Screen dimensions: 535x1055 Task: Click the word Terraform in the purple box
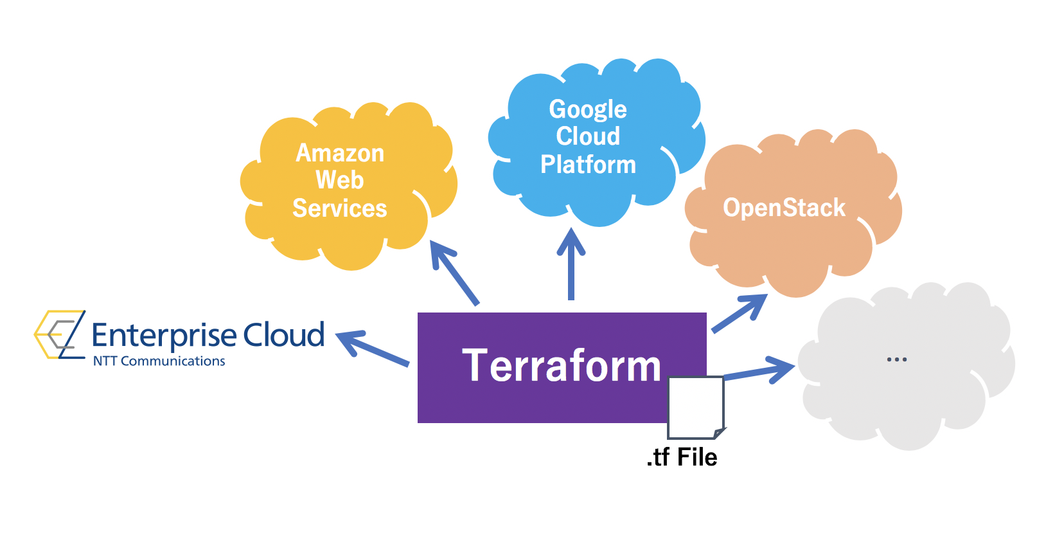click(561, 366)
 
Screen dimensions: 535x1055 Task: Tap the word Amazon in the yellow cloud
click(340, 153)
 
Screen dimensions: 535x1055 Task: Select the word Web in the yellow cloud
click(340, 180)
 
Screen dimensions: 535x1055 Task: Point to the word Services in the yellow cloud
click(340, 208)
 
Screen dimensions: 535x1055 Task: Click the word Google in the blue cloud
click(588, 109)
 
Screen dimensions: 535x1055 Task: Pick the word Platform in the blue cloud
click(588, 165)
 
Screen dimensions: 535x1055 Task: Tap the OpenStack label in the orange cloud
click(784, 208)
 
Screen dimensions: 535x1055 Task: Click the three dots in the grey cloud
click(896, 359)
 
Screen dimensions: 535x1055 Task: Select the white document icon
click(695, 407)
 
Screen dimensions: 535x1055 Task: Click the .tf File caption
click(682, 457)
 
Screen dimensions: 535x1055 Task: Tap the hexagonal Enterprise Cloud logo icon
click(60, 334)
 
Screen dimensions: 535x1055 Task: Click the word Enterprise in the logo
click(164, 335)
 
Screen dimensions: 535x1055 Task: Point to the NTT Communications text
click(159, 361)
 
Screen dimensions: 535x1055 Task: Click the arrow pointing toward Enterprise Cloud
click(372, 349)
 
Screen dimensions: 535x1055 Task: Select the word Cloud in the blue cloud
click(588, 136)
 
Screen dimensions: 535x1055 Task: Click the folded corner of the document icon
click(720, 433)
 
